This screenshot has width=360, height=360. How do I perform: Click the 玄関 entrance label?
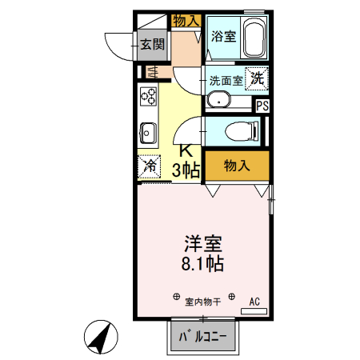pos(153,44)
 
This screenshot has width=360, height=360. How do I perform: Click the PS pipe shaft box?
pos(262,104)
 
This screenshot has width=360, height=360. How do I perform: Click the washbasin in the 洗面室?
pos(218,100)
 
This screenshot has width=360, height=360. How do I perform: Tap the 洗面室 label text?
pos(226,80)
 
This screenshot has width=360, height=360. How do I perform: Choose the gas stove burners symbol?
pos(150,98)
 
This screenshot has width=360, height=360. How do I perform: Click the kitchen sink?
pos(148,130)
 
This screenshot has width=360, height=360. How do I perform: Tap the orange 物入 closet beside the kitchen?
pos(237,166)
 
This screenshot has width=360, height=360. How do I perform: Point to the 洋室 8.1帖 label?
pos(202,252)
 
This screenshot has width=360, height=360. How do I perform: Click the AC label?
pos(255,302)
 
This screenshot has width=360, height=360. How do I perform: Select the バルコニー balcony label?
pos(202,338)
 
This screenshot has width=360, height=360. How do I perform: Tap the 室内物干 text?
pos(203,302)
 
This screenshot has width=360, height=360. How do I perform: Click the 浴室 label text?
pos(222,37)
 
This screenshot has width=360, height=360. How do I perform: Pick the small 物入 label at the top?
pos(186,20)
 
